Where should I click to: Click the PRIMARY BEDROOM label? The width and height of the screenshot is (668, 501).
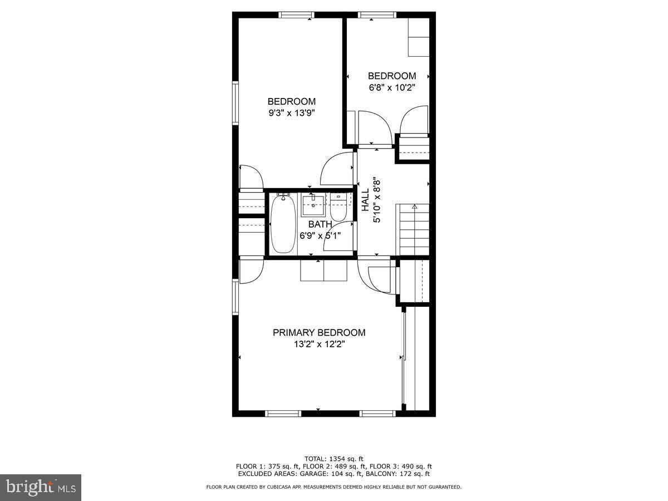click(319, 332)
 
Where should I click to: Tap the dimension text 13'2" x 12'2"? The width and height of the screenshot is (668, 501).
click(319, 344)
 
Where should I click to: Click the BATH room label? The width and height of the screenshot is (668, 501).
click(320, 224)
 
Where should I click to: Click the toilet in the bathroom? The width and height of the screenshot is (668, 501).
click(338, 207)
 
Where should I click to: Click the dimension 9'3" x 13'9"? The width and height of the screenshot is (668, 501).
click(291, 112)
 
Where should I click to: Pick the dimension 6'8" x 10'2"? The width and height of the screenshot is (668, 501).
click(392, 87)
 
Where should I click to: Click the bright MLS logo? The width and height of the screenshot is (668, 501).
click(41, 488)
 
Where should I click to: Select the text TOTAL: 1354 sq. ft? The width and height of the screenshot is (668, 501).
click(334, 459)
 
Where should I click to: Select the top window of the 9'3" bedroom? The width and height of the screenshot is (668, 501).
click(296, 15)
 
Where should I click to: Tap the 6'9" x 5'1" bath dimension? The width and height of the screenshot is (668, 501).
click(320, 235)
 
